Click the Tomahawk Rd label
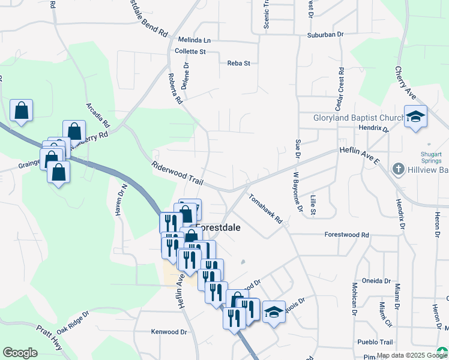265,208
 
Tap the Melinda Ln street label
194,40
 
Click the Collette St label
190,52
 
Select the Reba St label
238,63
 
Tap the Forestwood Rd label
346,235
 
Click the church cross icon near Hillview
397,170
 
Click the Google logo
20,353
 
